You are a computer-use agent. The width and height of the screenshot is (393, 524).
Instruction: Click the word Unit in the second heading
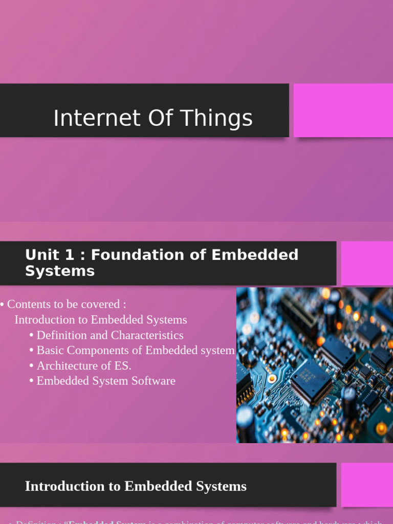coord(42,255)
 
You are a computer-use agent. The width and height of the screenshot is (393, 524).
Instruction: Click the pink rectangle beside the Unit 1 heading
coord(367,264)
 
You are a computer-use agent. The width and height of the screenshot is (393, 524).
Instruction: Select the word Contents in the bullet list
coord(28,304)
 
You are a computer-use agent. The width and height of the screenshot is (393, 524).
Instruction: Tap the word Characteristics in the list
coord(147,335)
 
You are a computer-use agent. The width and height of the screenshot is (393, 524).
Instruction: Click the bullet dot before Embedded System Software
coord(32,381)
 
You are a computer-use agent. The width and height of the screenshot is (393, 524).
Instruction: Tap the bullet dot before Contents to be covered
coord(3,304)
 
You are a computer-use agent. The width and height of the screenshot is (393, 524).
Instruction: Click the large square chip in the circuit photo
coord(312,381)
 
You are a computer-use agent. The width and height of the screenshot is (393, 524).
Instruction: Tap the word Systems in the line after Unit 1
coord(60,271)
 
